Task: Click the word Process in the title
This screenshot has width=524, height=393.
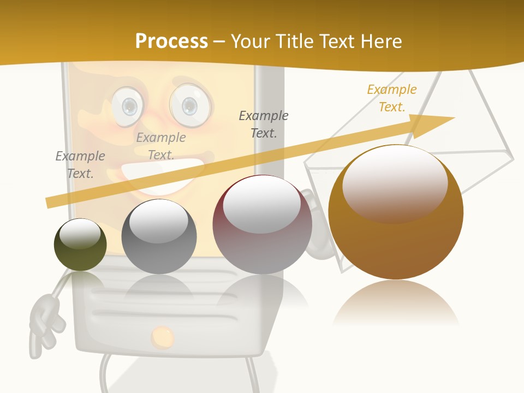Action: point(171,41)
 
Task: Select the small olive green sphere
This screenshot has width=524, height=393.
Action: point(80,245)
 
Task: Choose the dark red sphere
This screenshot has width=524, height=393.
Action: point(262,225)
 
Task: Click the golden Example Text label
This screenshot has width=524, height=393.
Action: point(391,98)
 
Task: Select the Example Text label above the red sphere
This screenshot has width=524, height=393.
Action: point(264,124)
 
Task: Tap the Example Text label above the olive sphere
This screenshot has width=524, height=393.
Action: point(80,164)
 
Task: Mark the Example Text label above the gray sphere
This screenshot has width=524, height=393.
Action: point(161,146)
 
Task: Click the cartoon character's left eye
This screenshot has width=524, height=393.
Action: point(128,105)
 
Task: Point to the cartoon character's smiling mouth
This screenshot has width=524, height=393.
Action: point(164,174)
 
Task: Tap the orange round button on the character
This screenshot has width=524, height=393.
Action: point(162,337)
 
